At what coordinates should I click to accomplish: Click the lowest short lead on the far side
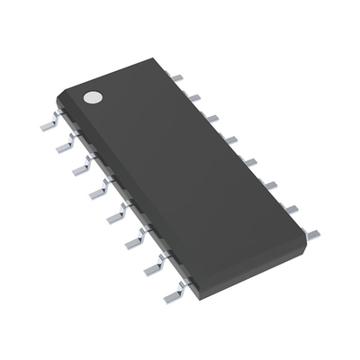click(x=310, y=233)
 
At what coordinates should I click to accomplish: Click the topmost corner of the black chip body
click(x=147, y=60)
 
